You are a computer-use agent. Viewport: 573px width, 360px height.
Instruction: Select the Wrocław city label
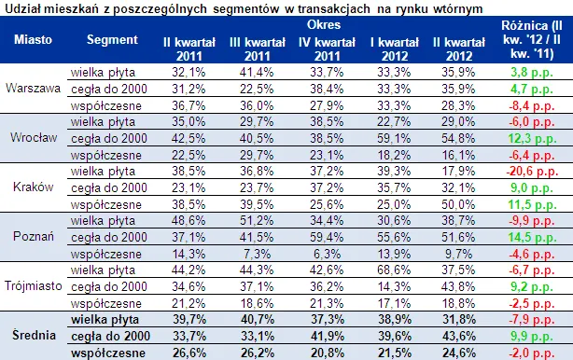34,136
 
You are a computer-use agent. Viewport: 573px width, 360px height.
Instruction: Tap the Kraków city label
34,187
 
